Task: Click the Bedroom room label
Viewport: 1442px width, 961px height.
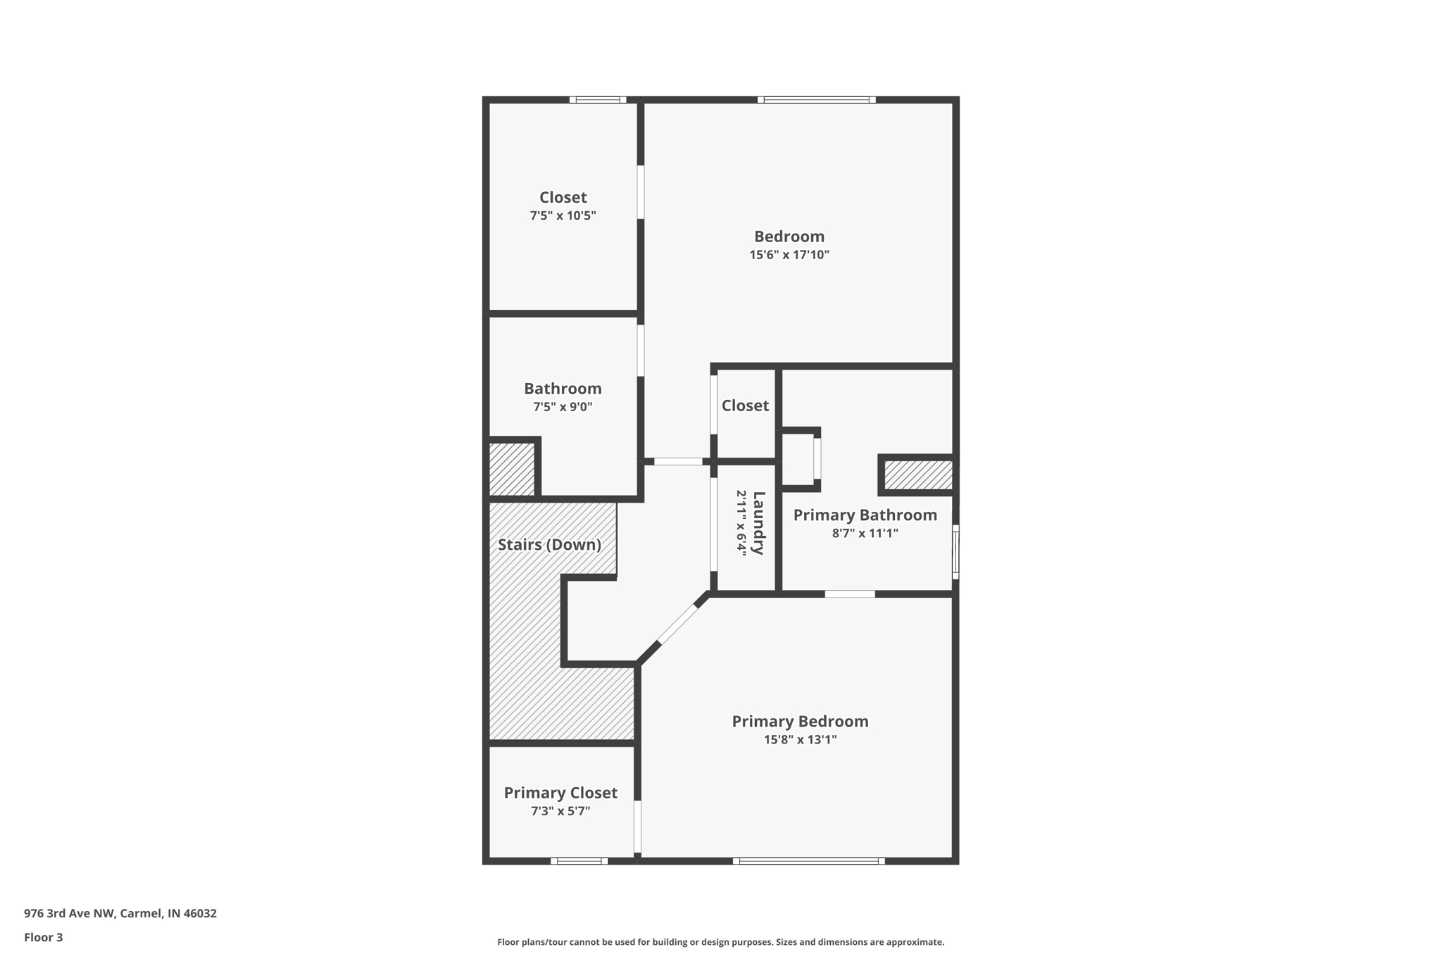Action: [789, 237]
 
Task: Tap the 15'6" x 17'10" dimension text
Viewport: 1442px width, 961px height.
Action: [789, 255]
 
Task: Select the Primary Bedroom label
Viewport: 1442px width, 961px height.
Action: [800, 722]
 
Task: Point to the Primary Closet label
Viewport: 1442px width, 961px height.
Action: [560, 793]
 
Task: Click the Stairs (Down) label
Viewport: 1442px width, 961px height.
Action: [549, 545]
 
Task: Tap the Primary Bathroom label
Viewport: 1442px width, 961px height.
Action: [865, 515]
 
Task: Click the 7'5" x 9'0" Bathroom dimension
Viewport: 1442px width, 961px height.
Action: [563, 407]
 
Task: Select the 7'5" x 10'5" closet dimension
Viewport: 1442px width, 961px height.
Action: [563, 215]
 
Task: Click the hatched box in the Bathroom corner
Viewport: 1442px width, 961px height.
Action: [512, 469]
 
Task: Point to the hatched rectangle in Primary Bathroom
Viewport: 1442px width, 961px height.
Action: [918, 475]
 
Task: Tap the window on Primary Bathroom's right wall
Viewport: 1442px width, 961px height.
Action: [955, 553]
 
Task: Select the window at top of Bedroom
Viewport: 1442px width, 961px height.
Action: [817, 100]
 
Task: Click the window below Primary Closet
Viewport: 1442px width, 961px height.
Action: [579, 861]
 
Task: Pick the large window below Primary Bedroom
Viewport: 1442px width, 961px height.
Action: [808, 861]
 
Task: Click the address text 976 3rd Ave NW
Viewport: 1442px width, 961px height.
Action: [120, 914]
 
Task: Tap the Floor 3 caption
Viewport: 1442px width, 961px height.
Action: [44, 938]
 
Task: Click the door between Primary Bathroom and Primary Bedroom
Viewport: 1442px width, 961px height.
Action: [850, 594]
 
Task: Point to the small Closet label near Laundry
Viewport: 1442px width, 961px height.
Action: [745, 406]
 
